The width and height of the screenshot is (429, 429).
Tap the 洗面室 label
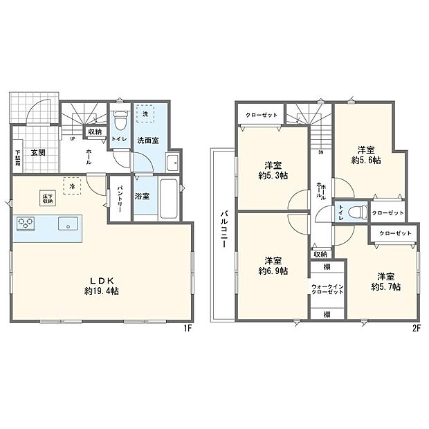[x=146, y=140]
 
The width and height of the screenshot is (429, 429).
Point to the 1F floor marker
[x=187, y=329]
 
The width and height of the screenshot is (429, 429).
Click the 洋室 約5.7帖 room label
[x=384, y=280]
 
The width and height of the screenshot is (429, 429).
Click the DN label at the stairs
[x=321, y=153]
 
